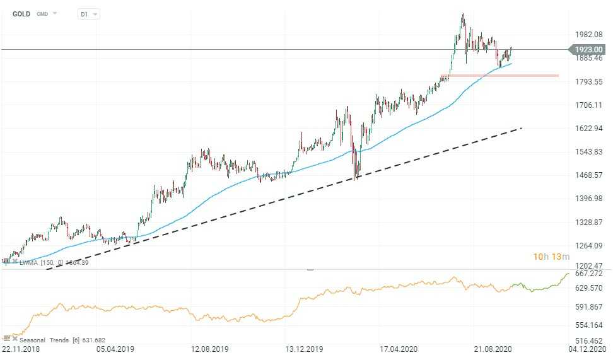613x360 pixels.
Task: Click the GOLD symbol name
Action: pyautogui.click(x=21, y=13)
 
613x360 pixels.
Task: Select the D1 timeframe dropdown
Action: pyautogui.click(x=88, y=14)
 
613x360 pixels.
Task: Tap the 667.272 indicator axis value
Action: pyautogui.click(x=589, y=273)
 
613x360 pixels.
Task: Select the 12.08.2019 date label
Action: pyautogui.click(x=209, y=349)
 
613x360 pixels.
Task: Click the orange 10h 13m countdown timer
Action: pyautogui.click(x=551, y=257)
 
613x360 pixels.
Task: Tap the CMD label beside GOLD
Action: pyautogui.click(x=42, y=13)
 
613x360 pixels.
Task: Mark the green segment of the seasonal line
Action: pyautogui.click(x=542, y=287)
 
